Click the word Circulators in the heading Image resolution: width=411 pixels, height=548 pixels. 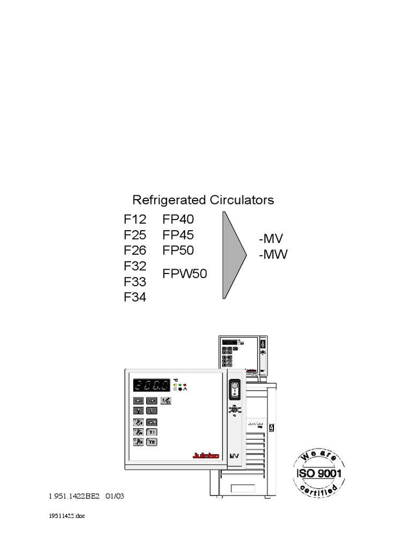241,200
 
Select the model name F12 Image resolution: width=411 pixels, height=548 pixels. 135,219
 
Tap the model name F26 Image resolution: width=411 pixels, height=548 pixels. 135,250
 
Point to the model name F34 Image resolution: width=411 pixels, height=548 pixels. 135,297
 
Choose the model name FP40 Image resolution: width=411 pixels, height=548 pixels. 178,219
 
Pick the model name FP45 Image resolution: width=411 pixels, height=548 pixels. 178,235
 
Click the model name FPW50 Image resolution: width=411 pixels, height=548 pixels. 185,274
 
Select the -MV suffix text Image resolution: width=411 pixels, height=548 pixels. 272,239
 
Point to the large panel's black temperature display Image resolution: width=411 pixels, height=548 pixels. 151,386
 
